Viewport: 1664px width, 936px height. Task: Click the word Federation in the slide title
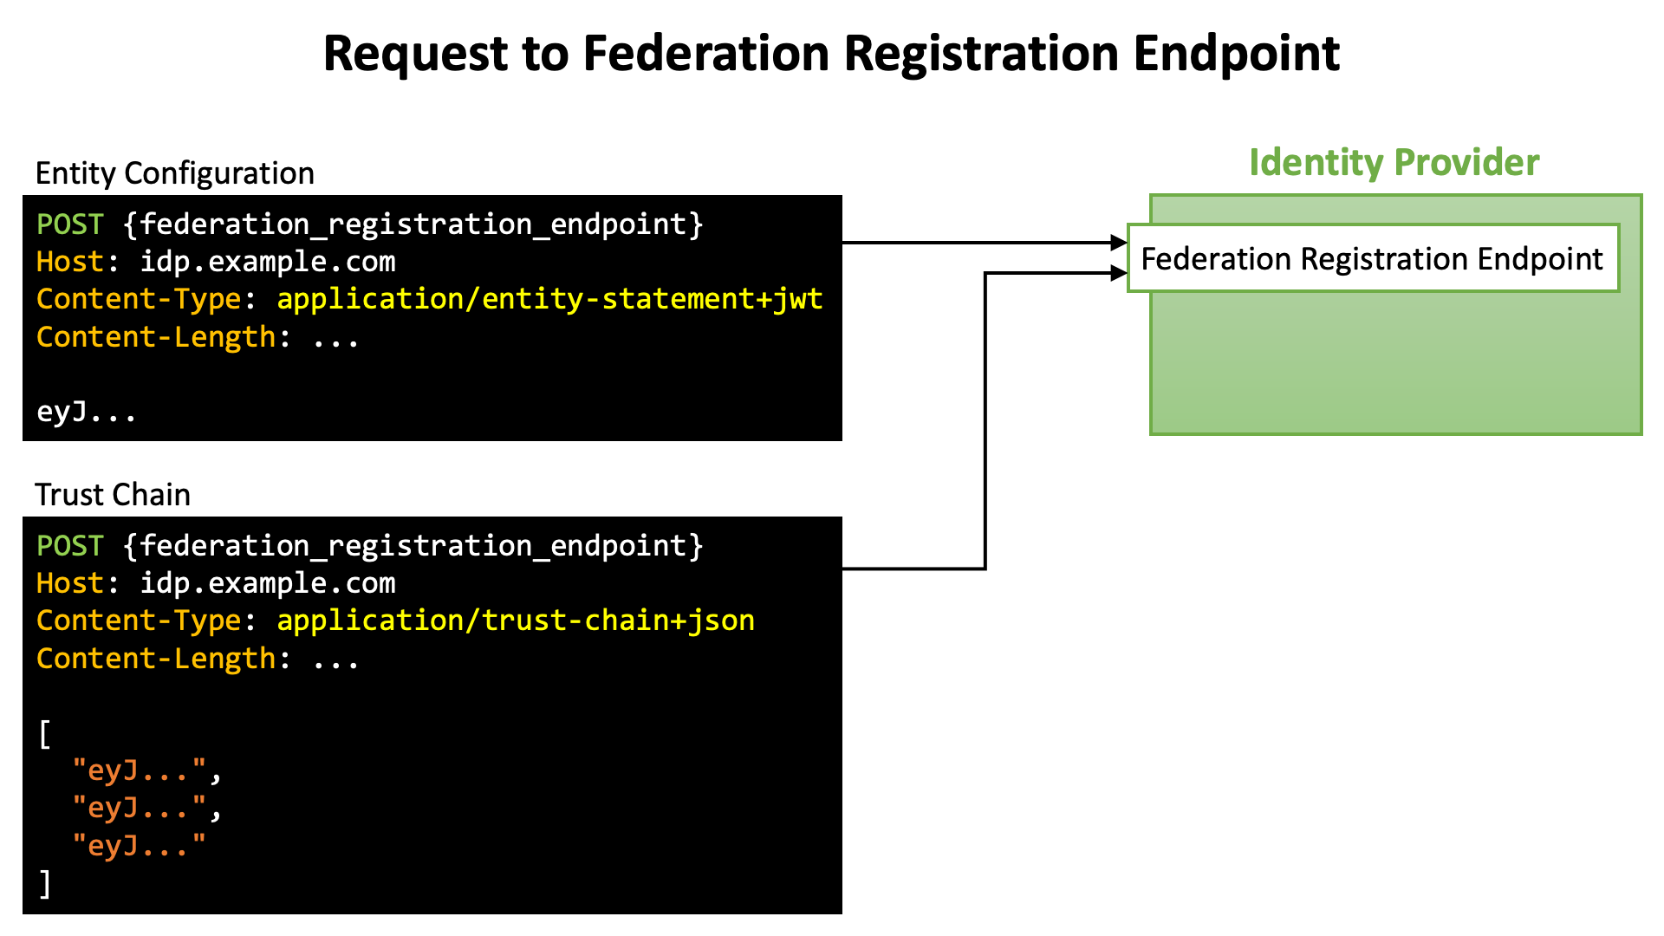click(706, 53)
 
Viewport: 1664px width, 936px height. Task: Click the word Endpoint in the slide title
click(1237, 55)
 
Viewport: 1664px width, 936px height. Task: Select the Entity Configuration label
click(174, 174)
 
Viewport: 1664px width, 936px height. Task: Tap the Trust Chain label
click(113, 495)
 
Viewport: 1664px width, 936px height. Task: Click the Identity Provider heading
click(1394, 163)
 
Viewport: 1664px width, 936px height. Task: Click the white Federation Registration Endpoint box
click(1373, 258)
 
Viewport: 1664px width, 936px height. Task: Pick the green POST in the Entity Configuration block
click(70, 224)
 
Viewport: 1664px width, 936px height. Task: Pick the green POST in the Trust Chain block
click(70, 546)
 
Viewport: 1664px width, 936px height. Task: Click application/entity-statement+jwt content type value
click(549, 299)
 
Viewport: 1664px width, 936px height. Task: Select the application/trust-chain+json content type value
click(516, 621)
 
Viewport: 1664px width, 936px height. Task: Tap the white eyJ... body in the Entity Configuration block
click(86, 411)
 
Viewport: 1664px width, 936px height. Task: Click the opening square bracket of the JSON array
click(45, 734)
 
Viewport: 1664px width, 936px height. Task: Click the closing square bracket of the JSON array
click(45, 884)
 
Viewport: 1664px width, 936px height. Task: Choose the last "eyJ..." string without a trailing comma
click(140, 844)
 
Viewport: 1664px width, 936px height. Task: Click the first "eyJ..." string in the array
click(140, 770)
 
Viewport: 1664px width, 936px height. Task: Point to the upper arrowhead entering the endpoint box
click(1119, 243)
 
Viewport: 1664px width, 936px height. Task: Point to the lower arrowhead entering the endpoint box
click(1119, 274)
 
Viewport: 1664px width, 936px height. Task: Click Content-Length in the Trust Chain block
click(156, 659)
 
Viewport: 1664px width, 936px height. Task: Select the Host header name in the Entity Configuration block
click(70, 262)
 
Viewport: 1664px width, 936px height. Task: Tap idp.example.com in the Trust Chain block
click(268, 584)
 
